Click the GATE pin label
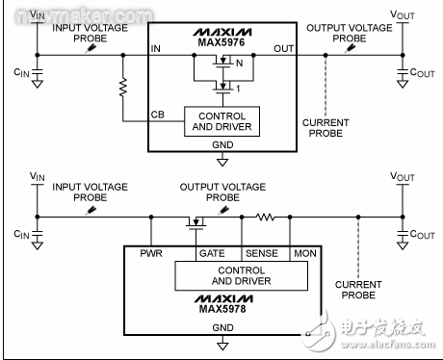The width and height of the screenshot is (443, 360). [212, 254]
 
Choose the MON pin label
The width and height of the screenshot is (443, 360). [305, 254]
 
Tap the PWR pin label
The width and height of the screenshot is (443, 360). [153, 254]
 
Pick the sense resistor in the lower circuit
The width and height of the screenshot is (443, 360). [265, 218]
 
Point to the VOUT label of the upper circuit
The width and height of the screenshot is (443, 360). [403, 16]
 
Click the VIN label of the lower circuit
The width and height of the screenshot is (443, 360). [37, 177]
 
